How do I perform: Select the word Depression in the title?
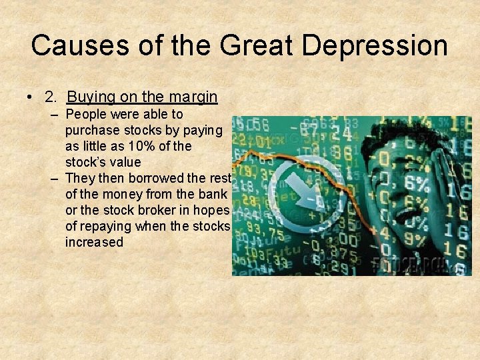coord(375,45)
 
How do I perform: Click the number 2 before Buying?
coord(50,97)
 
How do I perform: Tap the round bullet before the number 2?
coord(31,97)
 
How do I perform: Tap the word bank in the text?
coord(214,194)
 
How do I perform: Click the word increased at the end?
coord(94,242)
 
